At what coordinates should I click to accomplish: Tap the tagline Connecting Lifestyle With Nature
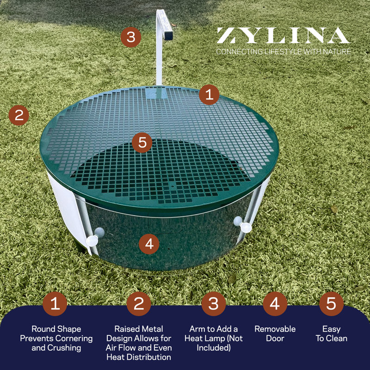[x=283, y=51]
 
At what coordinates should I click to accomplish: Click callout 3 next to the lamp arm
[x=131, y=37]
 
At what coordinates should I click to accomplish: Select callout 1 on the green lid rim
[x=209, y=95]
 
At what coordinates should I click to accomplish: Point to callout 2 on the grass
[x=18, y=115]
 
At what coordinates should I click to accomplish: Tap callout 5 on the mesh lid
[x=142, y=143]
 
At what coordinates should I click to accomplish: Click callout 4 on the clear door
[x=148, y=243]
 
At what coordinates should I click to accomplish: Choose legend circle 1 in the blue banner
[x=55, y=304]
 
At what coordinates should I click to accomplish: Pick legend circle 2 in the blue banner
[x=139, y=304]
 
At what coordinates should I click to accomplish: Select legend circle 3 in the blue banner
[x=213, y=304]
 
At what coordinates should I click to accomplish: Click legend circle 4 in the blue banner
[x=275, y=304]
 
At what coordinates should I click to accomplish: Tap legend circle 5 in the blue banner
[x=331, y=304]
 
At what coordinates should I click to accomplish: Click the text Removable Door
[x=275, y=333]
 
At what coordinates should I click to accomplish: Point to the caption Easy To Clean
[x=331, y=333]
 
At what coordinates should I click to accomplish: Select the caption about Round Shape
[x=56, y=338]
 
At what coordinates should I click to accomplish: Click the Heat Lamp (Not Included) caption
[x=213, y=338]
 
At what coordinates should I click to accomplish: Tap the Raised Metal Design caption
[x=139, y=343]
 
